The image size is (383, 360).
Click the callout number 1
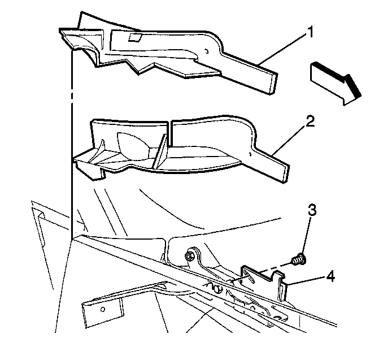point(310,33)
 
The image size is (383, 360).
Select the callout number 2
point(310,121)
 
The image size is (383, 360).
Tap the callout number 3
point(312,210)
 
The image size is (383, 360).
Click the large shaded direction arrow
point(336,84)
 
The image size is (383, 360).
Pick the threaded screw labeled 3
point(298,261)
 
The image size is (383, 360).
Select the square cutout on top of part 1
point(135,36)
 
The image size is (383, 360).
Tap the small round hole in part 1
point(207,51)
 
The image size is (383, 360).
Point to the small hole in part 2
point(250,154)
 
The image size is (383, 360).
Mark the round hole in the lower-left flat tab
point(103,309)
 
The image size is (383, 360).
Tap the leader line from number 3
point(307,236)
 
